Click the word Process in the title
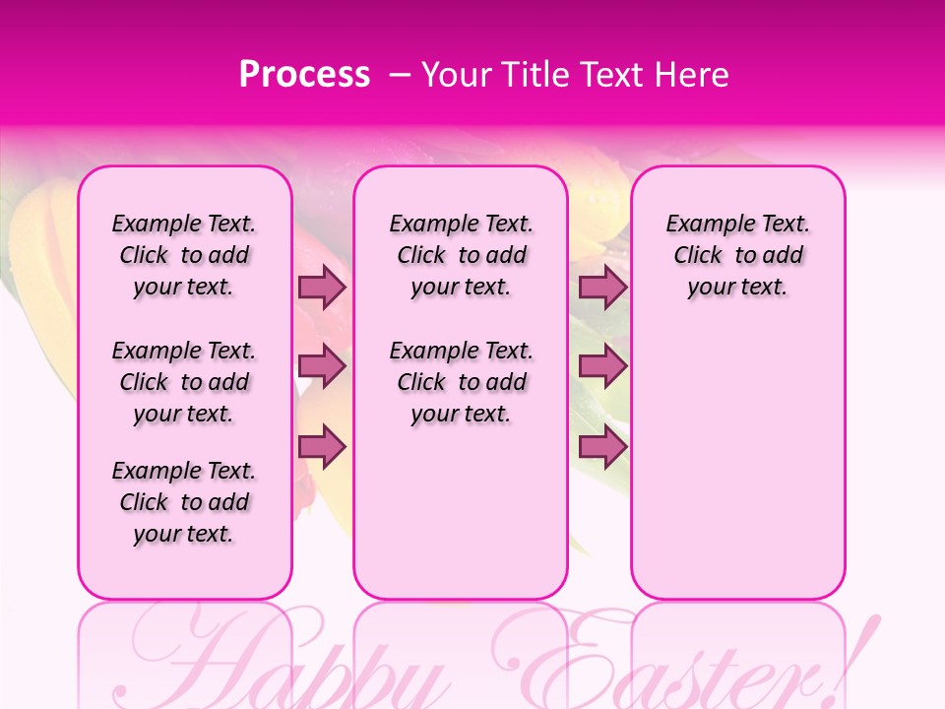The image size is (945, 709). coord(304,75)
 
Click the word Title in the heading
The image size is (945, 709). coord(535,75)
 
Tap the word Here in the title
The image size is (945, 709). coord(692,75)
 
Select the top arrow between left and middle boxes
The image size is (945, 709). coord(322,287)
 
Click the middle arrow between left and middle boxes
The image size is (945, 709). coord(322,366)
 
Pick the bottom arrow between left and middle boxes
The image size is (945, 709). coord(322,446)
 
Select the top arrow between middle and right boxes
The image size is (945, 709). coord(602,287)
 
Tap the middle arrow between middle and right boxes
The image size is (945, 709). coord(602,366)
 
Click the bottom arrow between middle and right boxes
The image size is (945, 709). coord(602,446)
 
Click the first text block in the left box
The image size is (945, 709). coord(184,255)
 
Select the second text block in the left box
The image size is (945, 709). coord(184,382)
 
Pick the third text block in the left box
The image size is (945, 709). coord(184,502)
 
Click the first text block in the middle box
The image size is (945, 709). coord(462,255)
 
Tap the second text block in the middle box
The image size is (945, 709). coord(462,382)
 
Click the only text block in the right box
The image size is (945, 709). coord(738,255)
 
